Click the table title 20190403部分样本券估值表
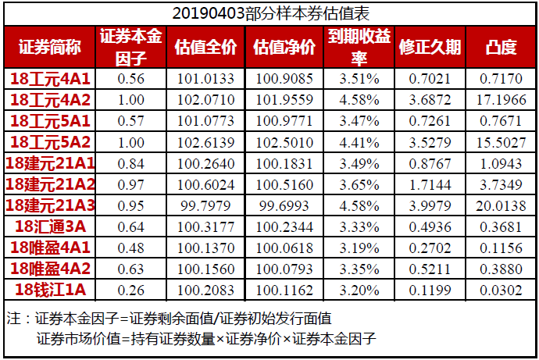point(269,14)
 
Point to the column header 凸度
point(501,47)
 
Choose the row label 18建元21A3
point(50,205)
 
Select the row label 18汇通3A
point(50,226)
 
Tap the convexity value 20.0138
point(501,205)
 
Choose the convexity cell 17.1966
point(501,99)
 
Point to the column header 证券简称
point(50,47)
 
